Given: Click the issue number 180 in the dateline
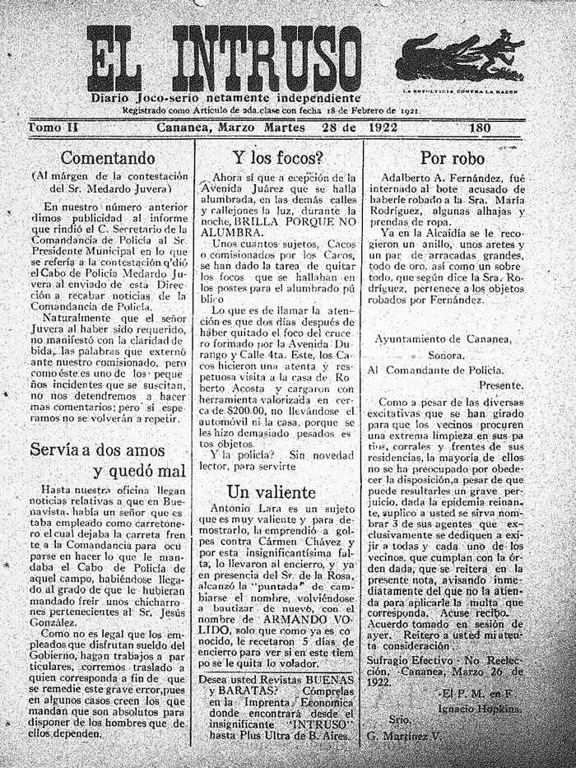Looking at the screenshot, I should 481,128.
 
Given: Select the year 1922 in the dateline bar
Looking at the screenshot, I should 384,128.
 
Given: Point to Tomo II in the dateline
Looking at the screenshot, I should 54,128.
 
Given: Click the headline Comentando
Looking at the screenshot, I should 108,157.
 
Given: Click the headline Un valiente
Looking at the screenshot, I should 272,492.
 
